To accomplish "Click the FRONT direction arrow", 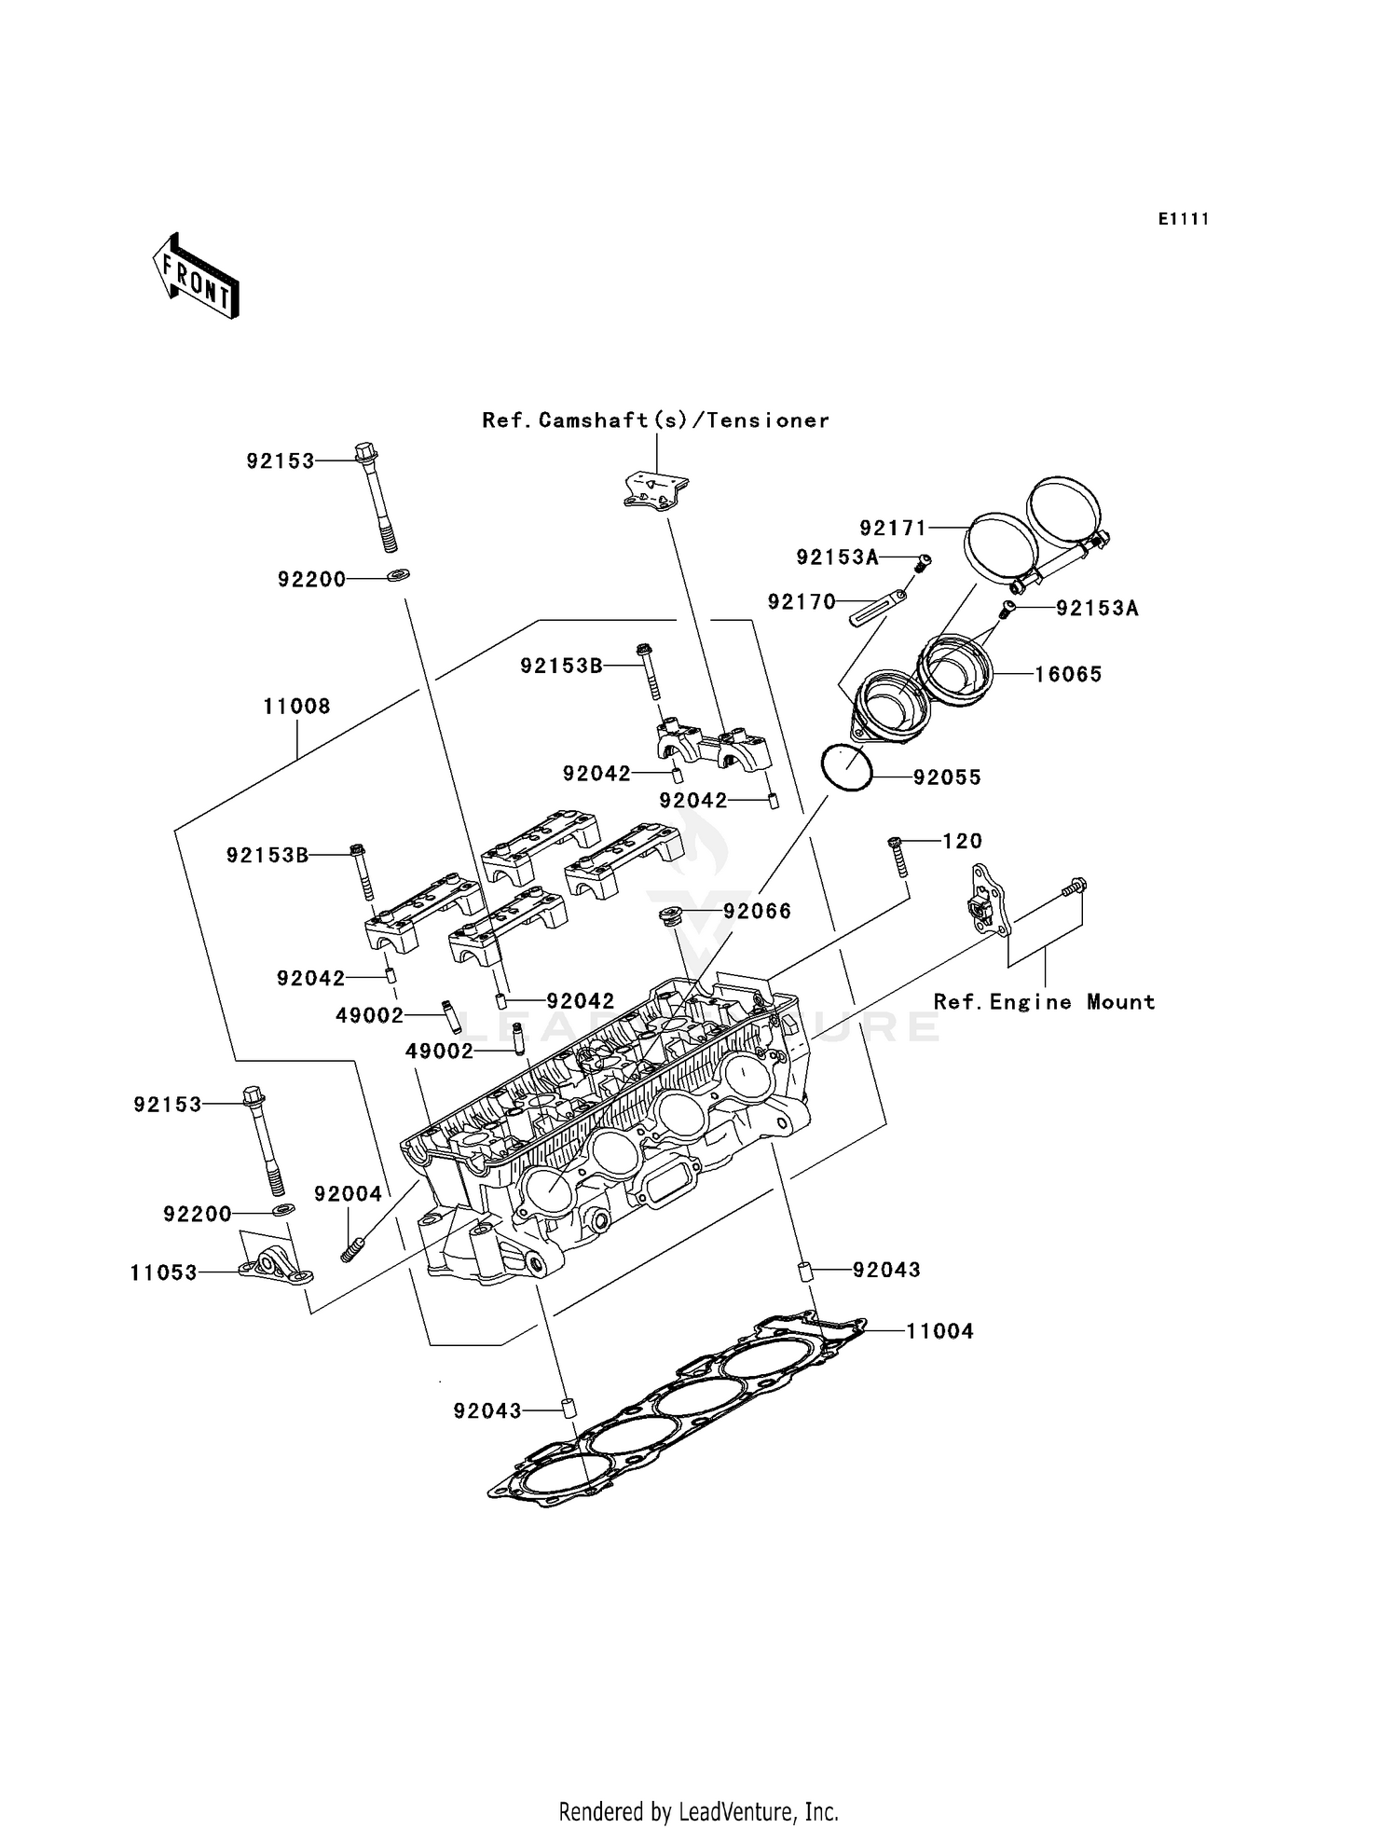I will pyautogui.click(x=196, y=277).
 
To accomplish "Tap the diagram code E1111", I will pyautogui.click(x=1183, y=219).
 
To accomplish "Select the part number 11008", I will pyautogui.click(x=296, y=707).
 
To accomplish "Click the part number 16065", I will pyautogui.click(x=1068, y=674).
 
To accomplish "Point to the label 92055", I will pyautogui.click(x=947, y=777).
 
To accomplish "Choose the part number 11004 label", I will pyautogui.click(x=939, y=1331).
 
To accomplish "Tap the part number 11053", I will pyautogui.click(x=164, y=1272).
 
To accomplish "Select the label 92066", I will pyautogui.click(x=757, y=912).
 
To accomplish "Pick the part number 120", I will pyautogui.click(x=962, y=841).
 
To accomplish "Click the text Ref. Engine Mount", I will pyautogui.click(x=1044, y=1002).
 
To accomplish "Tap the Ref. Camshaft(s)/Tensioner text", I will pyautogui.click(x=655, y=420).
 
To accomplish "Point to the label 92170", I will pyautogui.click(x=802, y=602).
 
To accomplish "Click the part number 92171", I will pyautogui.click(x=893, y=529).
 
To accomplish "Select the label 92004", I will pyautogui.click(x=348, y=1194).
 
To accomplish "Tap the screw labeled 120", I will pyautogui.click(x=898, y=856).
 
